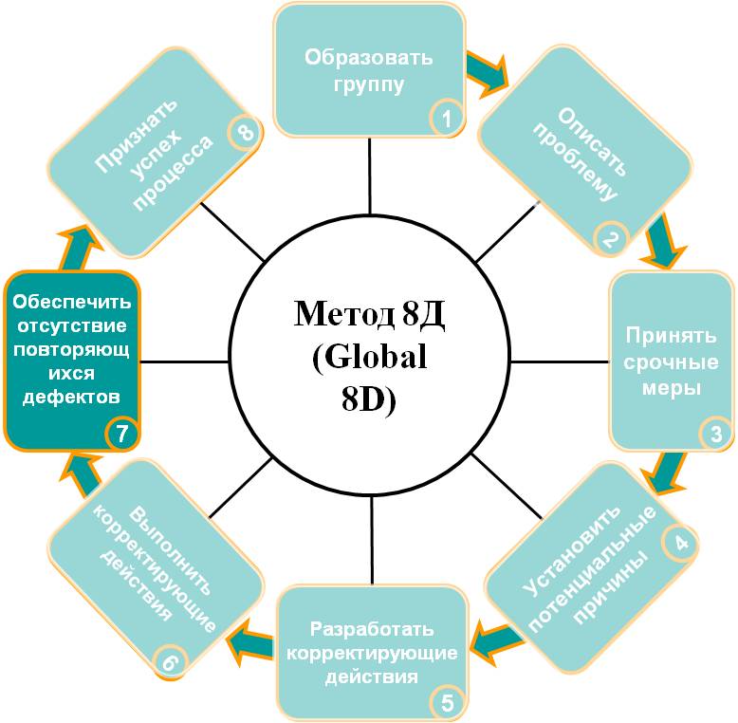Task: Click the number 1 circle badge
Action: click(446, 118)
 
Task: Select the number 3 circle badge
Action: click(715, 434)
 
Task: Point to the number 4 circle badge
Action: click(679, 543)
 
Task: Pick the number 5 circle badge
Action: click(447, 703)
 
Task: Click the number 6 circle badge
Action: click(171, 661)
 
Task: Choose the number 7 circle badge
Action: click(122, 434)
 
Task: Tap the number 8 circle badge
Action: click(245, 133)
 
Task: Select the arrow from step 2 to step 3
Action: click(662, 241)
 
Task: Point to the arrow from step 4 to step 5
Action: click(497, 641)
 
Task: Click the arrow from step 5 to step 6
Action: click(249, 641)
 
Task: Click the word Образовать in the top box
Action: click(369, 58)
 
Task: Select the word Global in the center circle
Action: click(369, 357)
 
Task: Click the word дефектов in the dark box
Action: click(71, 397)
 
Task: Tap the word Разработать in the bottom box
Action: click(372, 629)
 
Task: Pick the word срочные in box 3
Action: click(672, 362)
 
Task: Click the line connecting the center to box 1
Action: click(370, 176)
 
